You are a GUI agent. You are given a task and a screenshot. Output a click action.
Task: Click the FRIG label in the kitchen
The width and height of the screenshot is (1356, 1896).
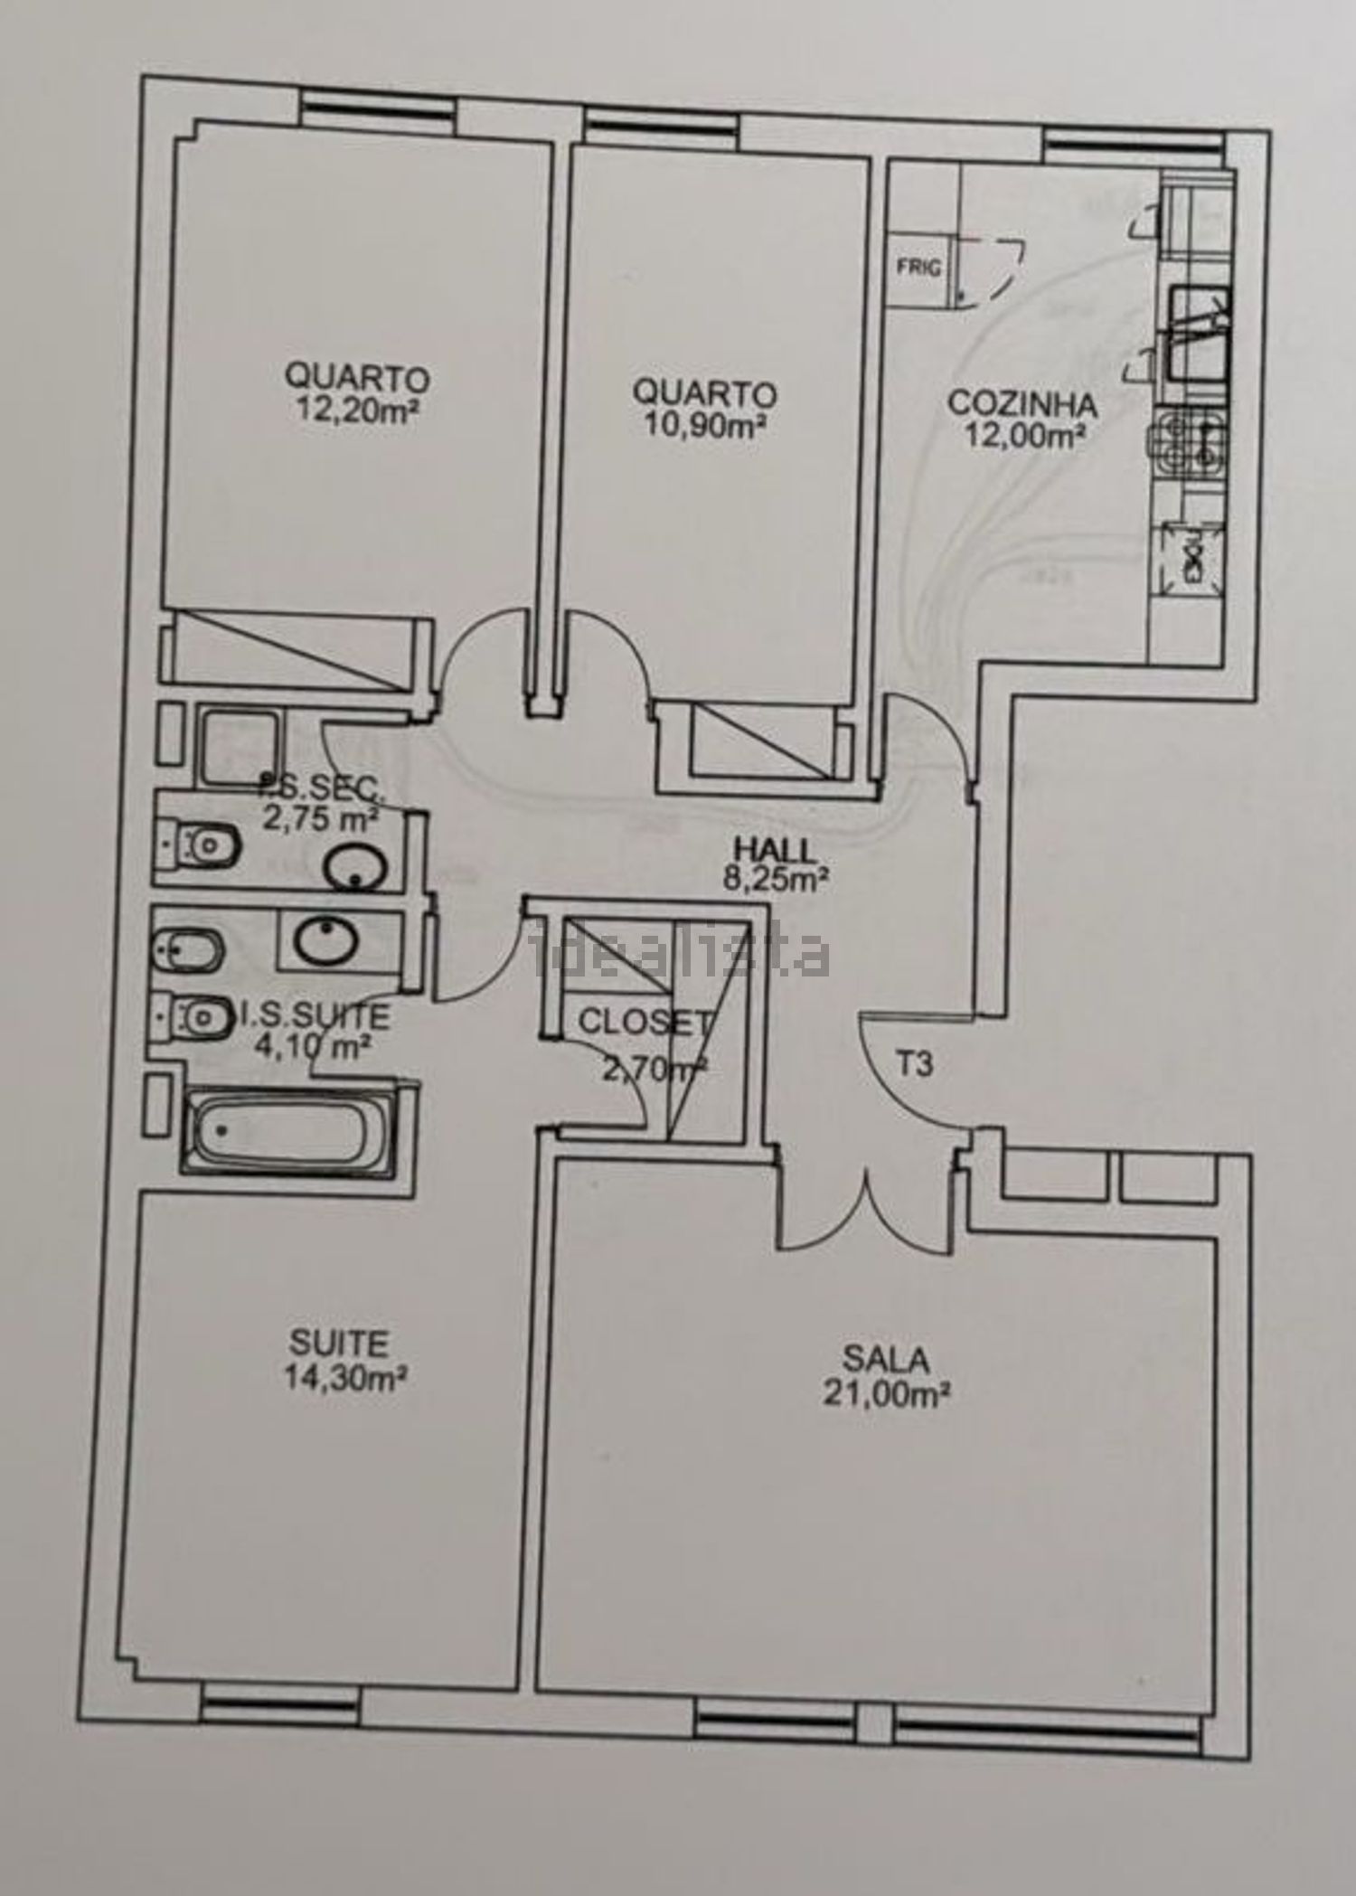coord(918,267)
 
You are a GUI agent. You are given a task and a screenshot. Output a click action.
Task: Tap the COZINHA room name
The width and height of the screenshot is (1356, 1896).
coord(1022,403)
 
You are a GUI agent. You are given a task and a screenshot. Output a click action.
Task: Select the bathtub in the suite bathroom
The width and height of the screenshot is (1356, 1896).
coord(287,1133)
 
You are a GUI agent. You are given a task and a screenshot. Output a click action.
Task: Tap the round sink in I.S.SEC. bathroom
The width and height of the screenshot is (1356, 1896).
coord(355,870)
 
